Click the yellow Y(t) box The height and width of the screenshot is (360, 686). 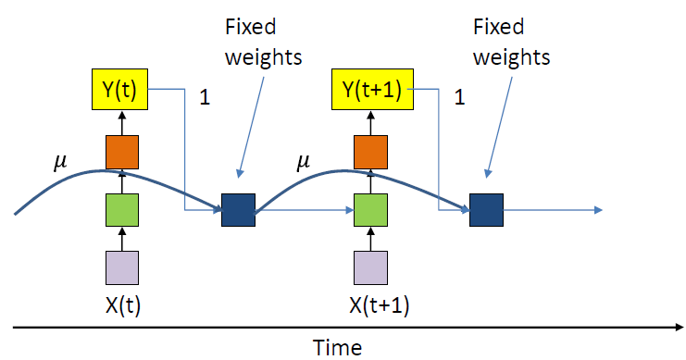tap(119, 89)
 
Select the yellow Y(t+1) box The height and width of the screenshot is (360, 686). tap(372, 89)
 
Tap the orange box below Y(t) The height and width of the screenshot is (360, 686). tap(122, 152)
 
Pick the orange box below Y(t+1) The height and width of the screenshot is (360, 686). tap(370, 152)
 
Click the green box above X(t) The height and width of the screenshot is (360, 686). tap(122, 210)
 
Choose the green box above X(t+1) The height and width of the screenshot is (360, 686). tap(370, 210)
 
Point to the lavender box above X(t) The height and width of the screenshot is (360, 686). tap(122, 267)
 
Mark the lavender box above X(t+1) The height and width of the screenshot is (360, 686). tap(370, 267)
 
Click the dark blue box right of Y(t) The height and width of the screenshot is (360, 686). tap(239, 210)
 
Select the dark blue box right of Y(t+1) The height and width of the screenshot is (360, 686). tap(487, 210)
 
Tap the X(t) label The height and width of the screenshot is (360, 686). tap(123, 305)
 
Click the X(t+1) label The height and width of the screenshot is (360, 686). tap(380, 305)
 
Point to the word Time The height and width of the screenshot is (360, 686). tap(338, 348)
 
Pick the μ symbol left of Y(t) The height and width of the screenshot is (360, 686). tap(60, 162)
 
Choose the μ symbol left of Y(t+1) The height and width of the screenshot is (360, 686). tap(303, 162)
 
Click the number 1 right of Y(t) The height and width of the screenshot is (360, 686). tap(205, 96)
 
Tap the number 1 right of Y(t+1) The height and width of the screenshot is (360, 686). tap(459, 96)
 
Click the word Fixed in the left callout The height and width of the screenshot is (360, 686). tap(251, 27)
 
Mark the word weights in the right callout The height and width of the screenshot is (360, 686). tap(511, 58)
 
